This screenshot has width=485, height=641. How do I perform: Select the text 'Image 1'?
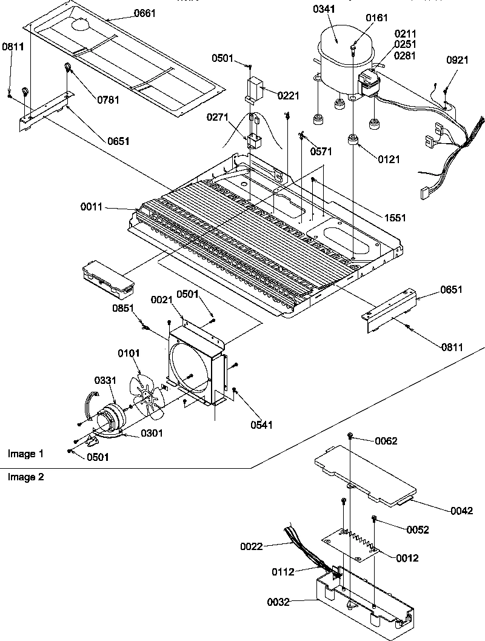tap(25, 454)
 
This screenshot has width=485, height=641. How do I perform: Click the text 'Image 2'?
tap(25, 477)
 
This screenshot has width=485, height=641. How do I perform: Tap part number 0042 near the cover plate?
tap(461, 511)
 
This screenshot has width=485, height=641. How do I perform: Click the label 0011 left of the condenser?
tap(92, 207)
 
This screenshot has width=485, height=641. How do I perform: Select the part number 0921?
tap(457, 61)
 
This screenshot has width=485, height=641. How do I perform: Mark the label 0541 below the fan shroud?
tap(260, 425)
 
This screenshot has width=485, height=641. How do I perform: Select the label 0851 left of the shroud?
tap(124, 308)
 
